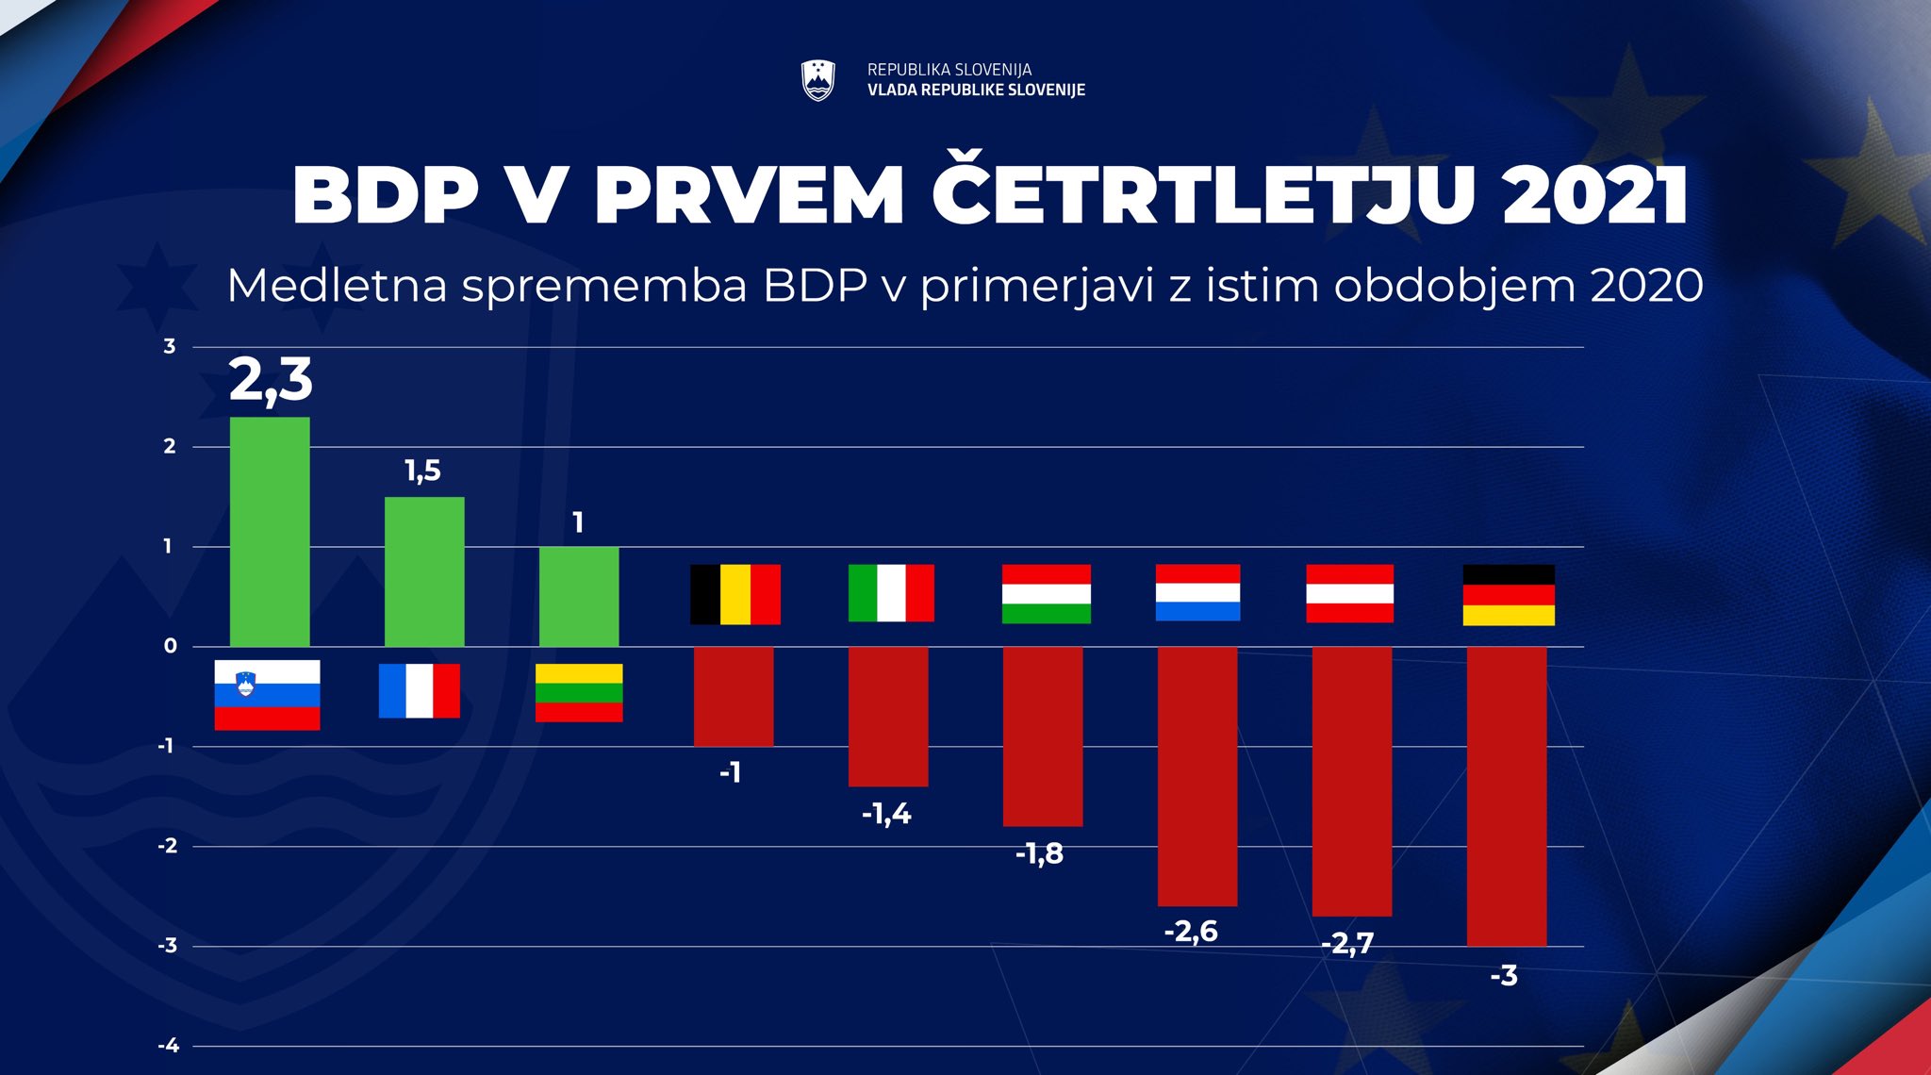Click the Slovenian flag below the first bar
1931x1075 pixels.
pos(267,695)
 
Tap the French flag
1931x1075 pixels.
pos(420,691)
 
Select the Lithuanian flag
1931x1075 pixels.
pos(579,693)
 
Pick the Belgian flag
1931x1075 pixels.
pos(735,594)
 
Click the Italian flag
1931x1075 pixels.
pos(891,593)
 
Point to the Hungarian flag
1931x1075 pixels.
pos(1047,594)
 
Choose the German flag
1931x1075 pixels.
pos(1509,595)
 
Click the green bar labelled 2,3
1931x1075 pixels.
pos(270,532)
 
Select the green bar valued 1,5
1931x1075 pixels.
pos(424,571)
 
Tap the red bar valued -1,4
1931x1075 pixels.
pos(888,716)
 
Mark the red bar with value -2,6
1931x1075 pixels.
pos(1197,776)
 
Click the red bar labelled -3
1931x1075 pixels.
pos(1507,796)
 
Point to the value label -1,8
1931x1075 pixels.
pos(1039,853)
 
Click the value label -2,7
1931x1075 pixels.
pos(1347,943)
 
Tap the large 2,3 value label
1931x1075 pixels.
pos(271,380)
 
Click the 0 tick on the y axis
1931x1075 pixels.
pos(170,646)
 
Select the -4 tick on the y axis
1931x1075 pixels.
pos(168,1045)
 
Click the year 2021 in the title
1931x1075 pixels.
pos(1594,195)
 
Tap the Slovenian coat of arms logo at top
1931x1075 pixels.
pos(817,80)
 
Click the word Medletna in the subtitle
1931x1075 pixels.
pos(337,285)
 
